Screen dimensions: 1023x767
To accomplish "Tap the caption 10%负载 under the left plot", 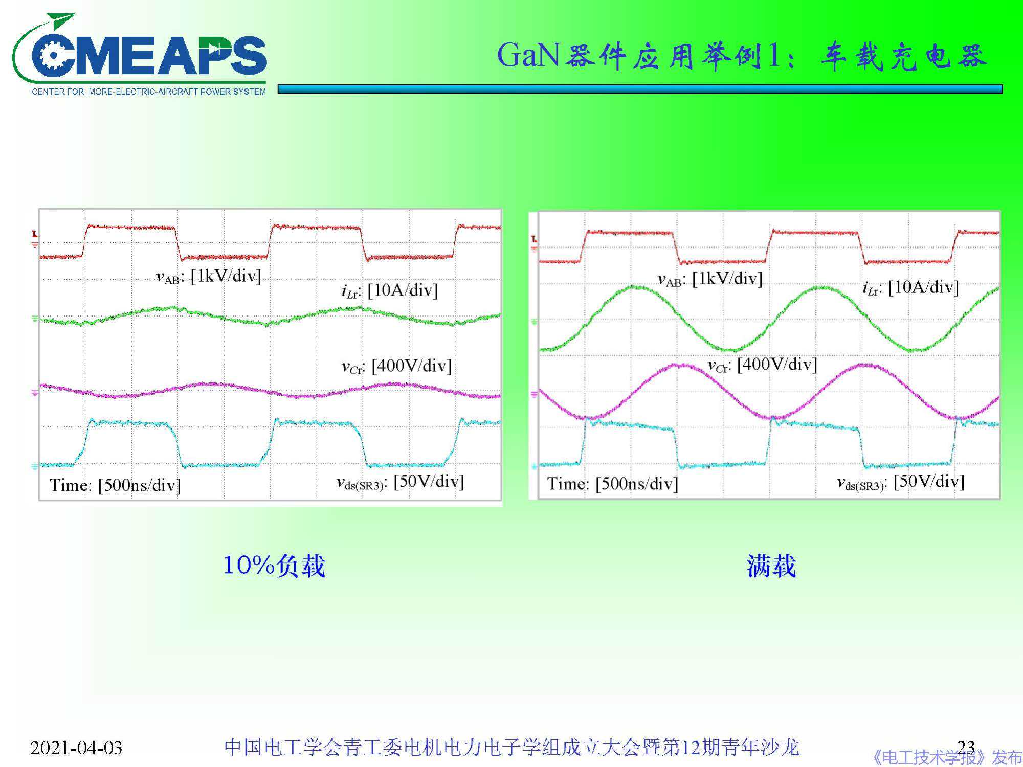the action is pos(274,566).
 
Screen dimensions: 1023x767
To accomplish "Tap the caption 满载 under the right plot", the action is pos(771,566).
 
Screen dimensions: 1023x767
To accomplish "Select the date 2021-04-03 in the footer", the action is pos(76,748).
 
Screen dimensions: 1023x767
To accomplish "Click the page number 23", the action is pos(966,747).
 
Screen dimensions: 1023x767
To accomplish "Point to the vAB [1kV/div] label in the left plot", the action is pos(208,277).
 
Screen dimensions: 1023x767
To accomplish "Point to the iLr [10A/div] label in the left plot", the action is pos(389,291).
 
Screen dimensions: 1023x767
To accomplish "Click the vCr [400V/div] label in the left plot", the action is pos(396,366).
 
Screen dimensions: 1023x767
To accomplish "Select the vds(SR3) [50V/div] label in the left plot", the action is pos(400,482).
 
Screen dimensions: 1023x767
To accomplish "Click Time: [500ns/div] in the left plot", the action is pos(115,485).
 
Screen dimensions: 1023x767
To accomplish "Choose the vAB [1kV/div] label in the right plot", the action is pos(709,279).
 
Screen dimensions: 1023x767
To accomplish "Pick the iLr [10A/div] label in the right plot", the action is pos(910,288).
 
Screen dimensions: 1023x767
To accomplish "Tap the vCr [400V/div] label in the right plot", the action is pos(762,365).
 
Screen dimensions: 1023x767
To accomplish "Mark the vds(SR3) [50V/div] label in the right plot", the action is pos(900,482).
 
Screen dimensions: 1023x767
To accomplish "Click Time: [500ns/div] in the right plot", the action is pos(612,484).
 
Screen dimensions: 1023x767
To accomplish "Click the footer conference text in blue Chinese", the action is pos(511,748).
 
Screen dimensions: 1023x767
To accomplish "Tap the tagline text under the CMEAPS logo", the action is pos(149,92).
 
